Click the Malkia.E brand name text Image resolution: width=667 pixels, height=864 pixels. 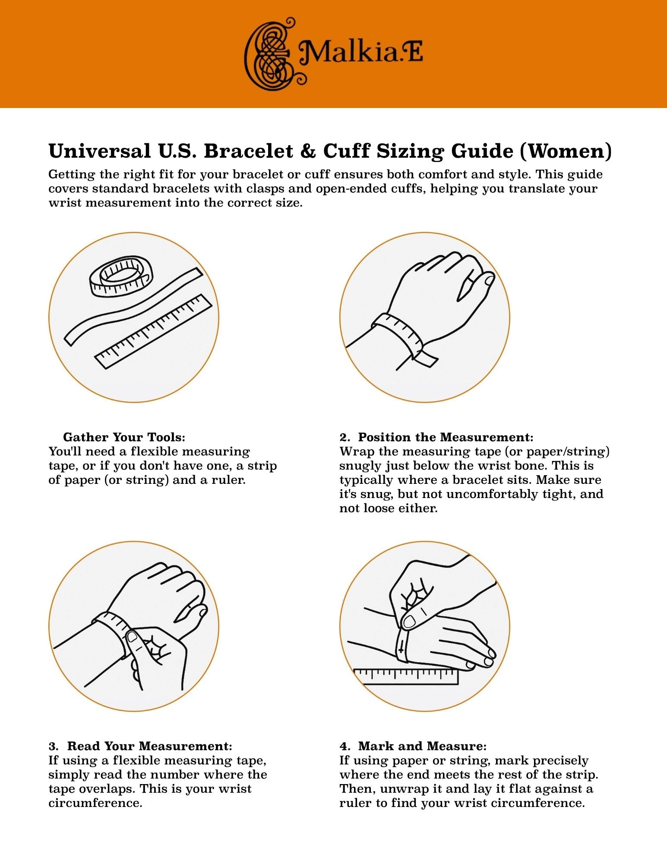coord(361,54)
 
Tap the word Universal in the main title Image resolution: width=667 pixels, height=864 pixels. coord(100,151)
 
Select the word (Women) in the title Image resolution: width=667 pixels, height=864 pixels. coord(566,151)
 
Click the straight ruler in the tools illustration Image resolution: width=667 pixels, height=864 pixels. coord(154,331)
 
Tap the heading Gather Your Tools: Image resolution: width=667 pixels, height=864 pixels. coord(124,437)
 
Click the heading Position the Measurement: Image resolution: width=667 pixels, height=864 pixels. coord(446,437)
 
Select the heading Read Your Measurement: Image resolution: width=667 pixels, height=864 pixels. coord(150,746)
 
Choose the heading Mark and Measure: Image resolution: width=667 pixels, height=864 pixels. coord(422,746)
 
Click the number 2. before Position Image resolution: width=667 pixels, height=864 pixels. coord(344,437)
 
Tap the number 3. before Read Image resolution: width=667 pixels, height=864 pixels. coord(53,746)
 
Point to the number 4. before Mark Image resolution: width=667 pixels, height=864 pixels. coord(344,746)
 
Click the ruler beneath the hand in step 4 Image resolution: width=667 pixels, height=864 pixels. coord(406,677)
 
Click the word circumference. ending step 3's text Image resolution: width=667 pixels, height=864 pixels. coord(95,803)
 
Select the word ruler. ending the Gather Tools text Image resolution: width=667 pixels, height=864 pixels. coord(228,480)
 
